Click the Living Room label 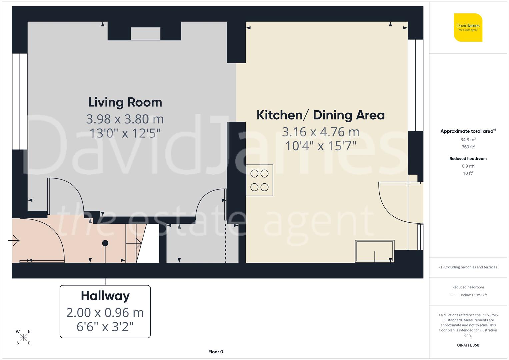tap(125, 102)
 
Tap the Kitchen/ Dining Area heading tap(320, 115)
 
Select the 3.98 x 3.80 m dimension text tap(125, 119)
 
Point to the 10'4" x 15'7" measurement tap(321, 146)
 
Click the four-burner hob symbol tap(259, 180)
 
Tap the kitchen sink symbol tap(374, 251)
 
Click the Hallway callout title tap(105, 296)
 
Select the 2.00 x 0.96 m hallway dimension tap(105, 313)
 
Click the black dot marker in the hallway tap(105, 243)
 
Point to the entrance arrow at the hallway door tap(14, 240)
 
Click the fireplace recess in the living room tap(145, 34)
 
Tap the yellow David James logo tap(468, 27)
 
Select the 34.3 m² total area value tap(468, 140)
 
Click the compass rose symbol tap(23, 337)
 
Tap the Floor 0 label tap(215, 352)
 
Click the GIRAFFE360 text tap(468, 345)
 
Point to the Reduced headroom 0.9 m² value tap(468, 166)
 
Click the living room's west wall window tap(20, 101)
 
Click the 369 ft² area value tap(468, 147)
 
